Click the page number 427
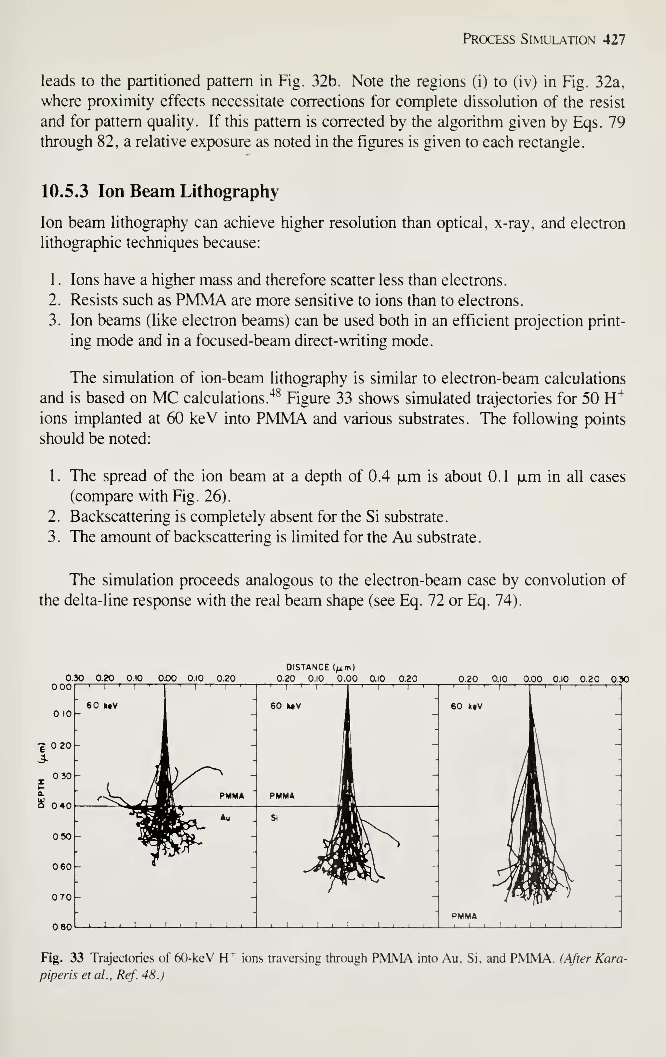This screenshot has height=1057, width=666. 614,40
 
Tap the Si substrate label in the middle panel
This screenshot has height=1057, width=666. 274,818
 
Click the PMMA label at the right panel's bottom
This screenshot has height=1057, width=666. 464,916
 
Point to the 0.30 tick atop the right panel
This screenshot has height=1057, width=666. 620,680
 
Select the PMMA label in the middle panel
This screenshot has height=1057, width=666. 282,796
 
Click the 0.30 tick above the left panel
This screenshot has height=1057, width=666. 75,678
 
